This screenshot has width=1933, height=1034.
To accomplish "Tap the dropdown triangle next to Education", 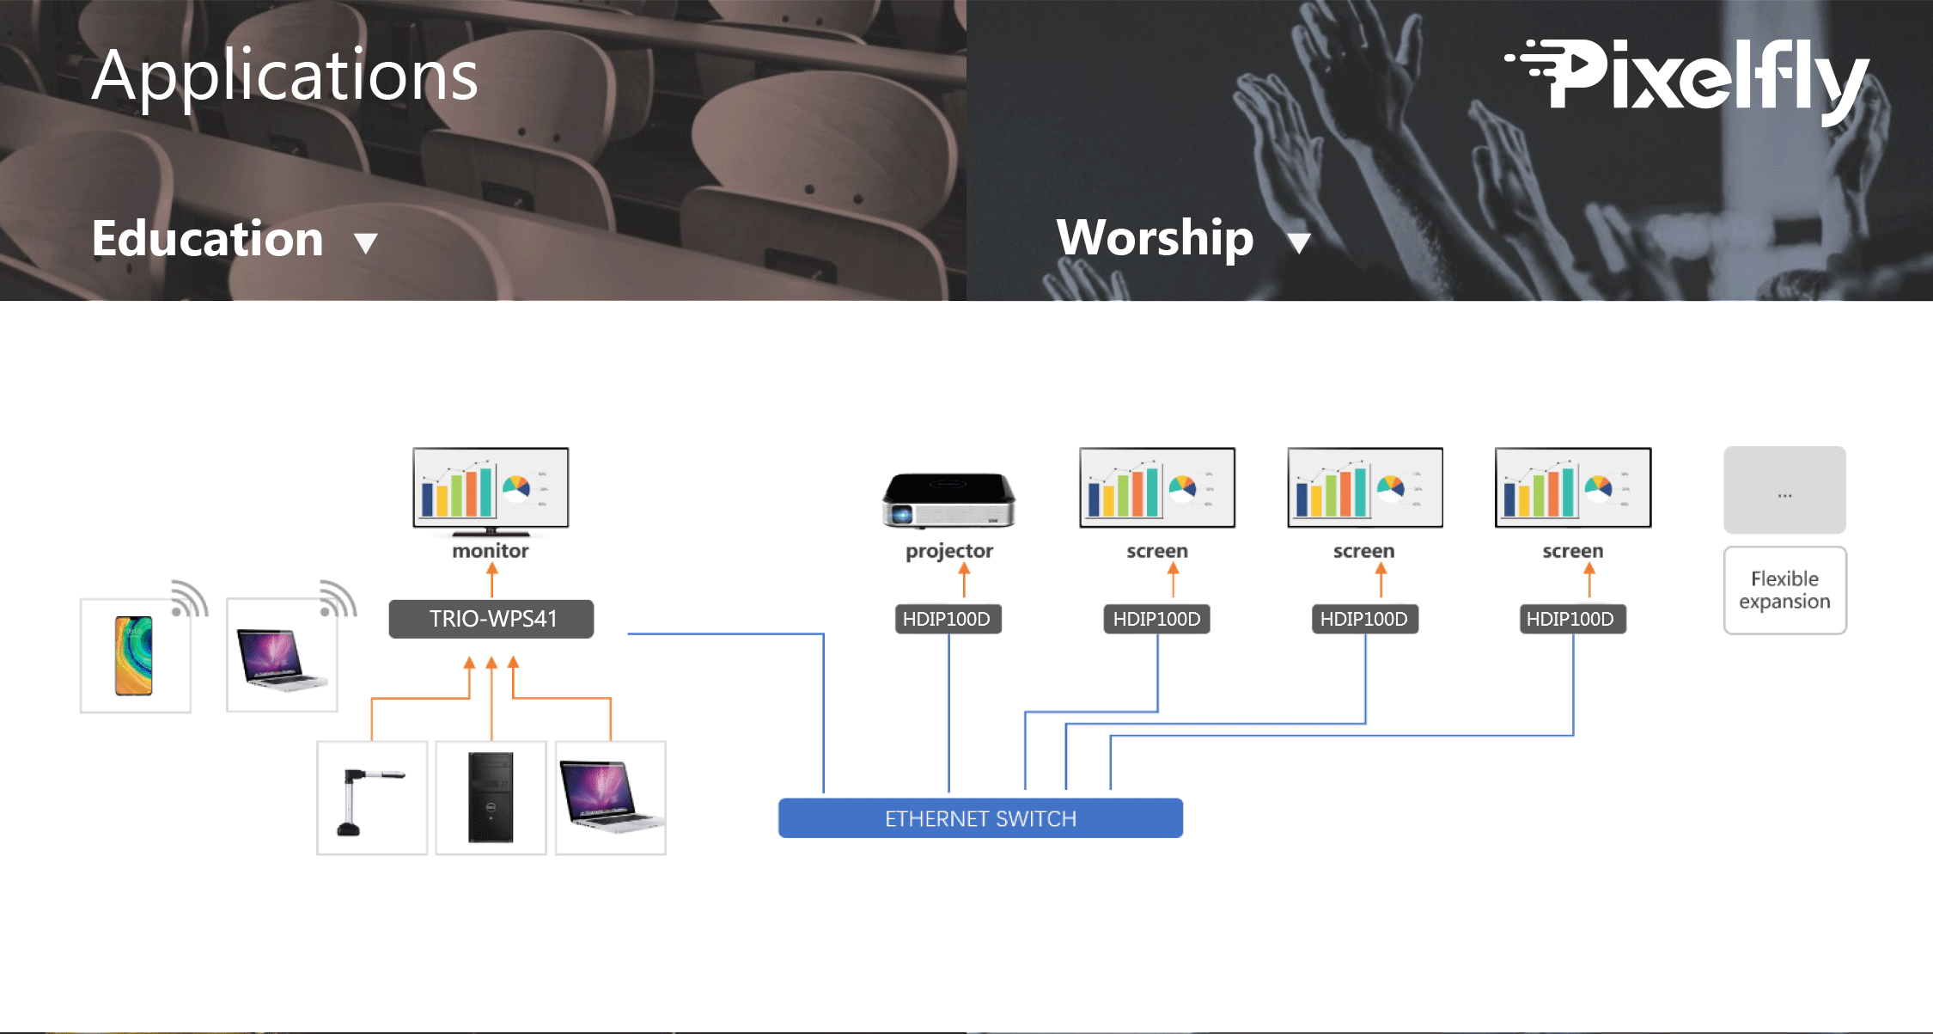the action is pyautogui.click(x=366, y=243).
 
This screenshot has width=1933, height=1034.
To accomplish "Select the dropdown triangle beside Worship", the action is pyautogui.click(x=1299, y=243).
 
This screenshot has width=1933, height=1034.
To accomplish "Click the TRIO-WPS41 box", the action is pyautogui.click(x=491, y=619).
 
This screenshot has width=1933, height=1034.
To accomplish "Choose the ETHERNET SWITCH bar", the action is pyautogui.click(x=980, y=818).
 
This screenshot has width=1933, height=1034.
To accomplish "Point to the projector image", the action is pyautogui.click(x=948, y=499).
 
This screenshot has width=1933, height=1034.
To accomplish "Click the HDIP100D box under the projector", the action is pyautogui.click(x=948, y=619).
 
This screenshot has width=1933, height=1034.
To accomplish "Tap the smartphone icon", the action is pyautogui.click(x=134, y=655).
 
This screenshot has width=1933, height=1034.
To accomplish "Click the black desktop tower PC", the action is pyautogui.click(x=491, y=798).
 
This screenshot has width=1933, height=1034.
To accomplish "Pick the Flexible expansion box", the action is pyautogui.click(x=1784, y=590).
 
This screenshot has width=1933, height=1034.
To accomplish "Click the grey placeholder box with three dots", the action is pyautogui.click(x=1784, y=490).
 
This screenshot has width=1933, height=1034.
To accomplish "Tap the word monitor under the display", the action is pyautogui.click(x=491, y=551).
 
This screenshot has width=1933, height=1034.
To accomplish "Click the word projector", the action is pyautogui.click(x=949, y=552).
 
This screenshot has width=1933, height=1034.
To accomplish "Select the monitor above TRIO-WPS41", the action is pyautogui.click(x=491, y=490).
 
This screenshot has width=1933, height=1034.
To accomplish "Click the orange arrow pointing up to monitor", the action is pyautogui.click(x=492, y=580).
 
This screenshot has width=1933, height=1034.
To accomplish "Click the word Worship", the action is pyautogui.click(x=1155, y=238).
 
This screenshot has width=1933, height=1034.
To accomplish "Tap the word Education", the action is pyautogui.click(x=207, y=238).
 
